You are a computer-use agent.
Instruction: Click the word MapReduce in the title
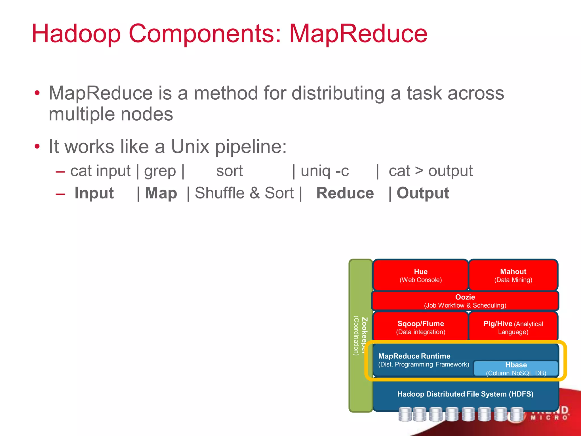358,33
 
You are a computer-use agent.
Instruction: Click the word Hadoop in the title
76,33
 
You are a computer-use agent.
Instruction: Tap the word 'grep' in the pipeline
160,171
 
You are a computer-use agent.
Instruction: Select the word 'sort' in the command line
229,171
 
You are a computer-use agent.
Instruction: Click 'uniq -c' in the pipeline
325,171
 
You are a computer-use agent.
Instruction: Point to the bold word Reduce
345,193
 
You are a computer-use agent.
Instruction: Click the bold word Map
161,193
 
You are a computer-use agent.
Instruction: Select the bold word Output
423,193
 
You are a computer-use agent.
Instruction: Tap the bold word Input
94,193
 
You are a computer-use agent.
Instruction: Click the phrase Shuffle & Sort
244,193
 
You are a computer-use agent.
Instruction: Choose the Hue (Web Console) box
420,275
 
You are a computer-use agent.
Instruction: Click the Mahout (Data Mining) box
513,275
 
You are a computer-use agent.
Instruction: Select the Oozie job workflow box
465,301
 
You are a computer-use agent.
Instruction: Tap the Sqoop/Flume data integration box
420,327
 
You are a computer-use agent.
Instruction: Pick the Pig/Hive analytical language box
513,327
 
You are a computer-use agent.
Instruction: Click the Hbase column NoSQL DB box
516,368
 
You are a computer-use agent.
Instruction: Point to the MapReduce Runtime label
414,356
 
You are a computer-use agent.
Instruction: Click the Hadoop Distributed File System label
465,394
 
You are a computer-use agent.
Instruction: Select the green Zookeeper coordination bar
360,335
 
